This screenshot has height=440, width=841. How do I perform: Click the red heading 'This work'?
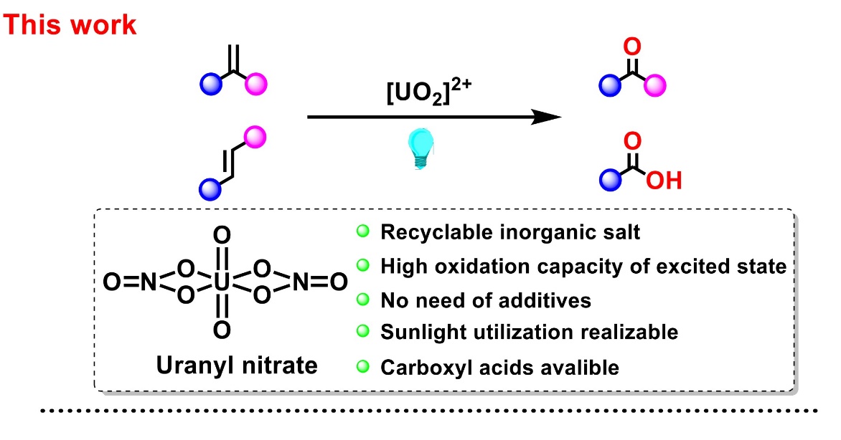(x=70, y=24)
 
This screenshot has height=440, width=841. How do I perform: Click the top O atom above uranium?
(x=222, y=234)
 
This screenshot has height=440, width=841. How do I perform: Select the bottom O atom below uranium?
(x=222, y=329)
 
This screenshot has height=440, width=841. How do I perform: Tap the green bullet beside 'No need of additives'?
(x=364, y=299)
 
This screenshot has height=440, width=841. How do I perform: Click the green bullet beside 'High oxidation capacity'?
(x=364, y=265)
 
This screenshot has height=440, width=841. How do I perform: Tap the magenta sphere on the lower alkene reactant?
(x=255, y=135)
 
